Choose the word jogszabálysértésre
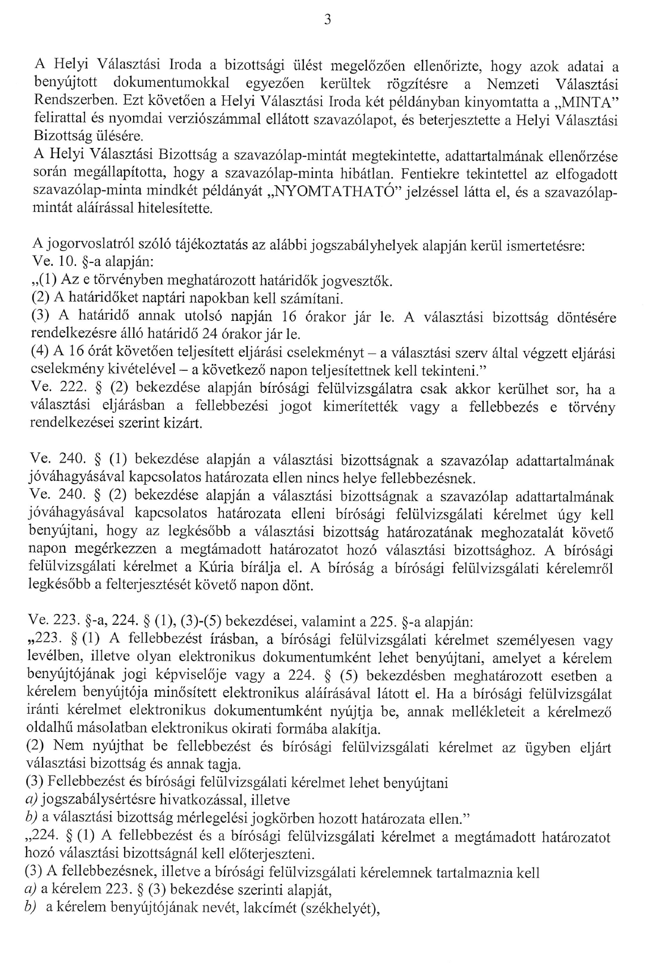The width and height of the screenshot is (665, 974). tap(98, 801)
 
